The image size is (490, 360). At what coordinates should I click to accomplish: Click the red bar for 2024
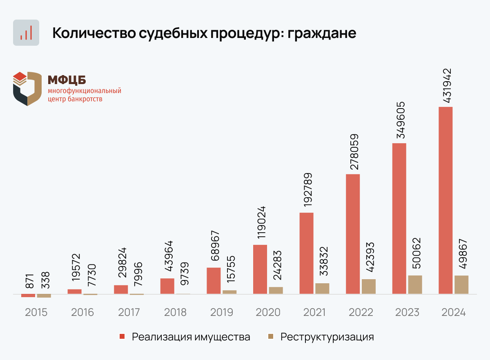point(445,200)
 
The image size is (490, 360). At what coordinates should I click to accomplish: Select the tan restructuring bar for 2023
point(415,284)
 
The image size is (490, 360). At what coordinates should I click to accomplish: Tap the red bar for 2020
point(260,269)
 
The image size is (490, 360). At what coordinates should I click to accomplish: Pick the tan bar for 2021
point(322,288)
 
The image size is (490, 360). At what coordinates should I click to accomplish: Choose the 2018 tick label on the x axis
point(175,312)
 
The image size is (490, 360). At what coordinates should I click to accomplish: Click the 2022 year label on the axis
point(361,312)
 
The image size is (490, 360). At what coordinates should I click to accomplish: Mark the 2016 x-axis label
point(82,312)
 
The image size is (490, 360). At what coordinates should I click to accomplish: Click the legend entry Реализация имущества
point(191,337)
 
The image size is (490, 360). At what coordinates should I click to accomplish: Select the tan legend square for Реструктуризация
point(270,337)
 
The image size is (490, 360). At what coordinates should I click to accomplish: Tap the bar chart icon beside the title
point(26,33)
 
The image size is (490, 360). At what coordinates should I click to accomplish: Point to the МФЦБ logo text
point(67,80)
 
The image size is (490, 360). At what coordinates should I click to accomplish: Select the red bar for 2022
point(353,234)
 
